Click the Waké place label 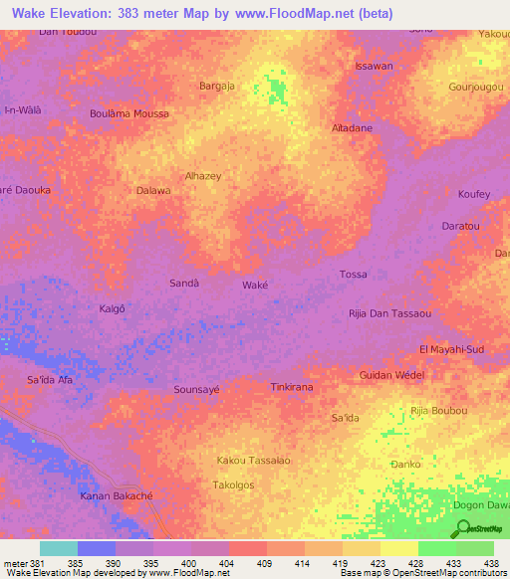coord(256,285)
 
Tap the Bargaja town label coord(217,87)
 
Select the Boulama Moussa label coord(129,114)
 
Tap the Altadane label coord(352,129)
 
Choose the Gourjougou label coord(477,87)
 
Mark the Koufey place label coord(474,194)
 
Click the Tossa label coord(354,275)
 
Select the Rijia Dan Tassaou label coord(389,314)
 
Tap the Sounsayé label coord(196,390)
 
